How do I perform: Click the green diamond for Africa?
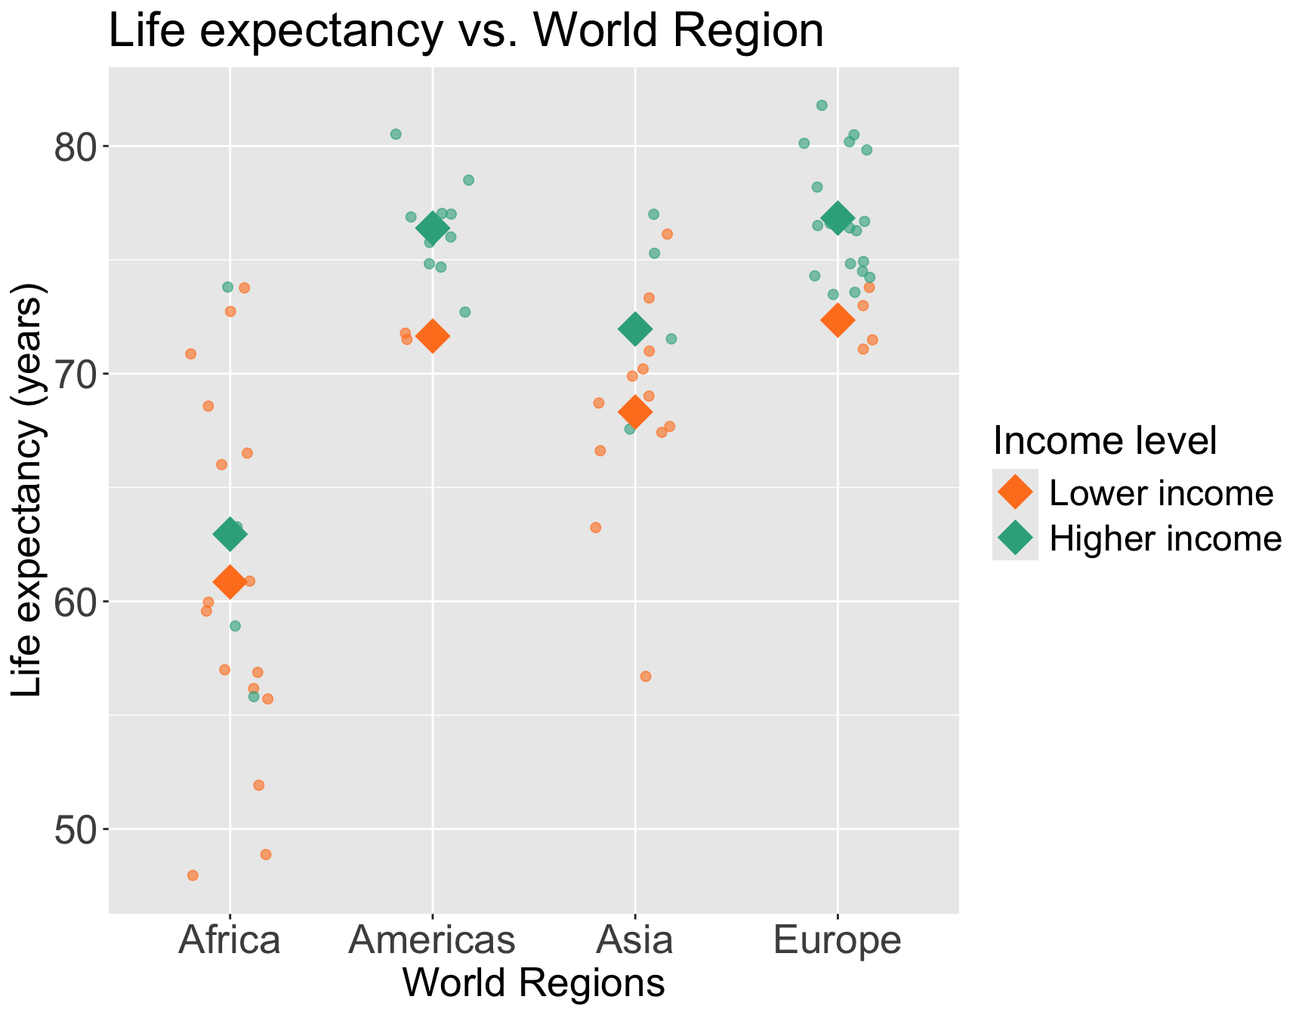tap(230, 535)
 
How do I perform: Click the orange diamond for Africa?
tap(230, 582)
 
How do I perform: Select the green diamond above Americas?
tap(433, 227)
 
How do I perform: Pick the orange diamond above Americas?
tap(433, 336)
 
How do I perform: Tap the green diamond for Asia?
tap(635, 329)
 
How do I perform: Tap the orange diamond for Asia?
tap(635, 412)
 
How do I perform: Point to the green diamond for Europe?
tap(838, 217)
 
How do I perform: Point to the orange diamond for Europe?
tap(838, 320)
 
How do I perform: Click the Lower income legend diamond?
tap(1015, 492)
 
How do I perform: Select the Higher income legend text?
tap(1165, 538)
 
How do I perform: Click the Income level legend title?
tap(1104, 441)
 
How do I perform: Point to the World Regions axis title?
tap(534, 983)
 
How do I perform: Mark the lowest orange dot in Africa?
tap(193, 875)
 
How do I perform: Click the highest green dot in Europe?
tap(822, 105)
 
